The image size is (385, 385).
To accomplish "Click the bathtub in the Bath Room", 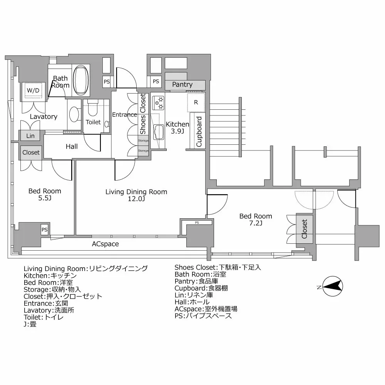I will pyautogui.click(x=81, y=79).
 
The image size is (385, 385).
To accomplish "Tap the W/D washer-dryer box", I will pyautogui.click(x=33, y=90).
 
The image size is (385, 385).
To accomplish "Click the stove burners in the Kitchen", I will pyautogui.click(x=158, y=102).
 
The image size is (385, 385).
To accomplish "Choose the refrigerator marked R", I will pyautogui.click(x=196, y=102).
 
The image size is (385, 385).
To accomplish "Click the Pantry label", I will pyautogui.click(x=182, y=84).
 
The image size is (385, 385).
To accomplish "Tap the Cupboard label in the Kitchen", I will pyautogui.click(x=199, y=132).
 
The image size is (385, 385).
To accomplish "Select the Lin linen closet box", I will pyautogui.click(x=30, y=136).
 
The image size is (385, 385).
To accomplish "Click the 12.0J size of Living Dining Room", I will pyautogui.click(x=136, y=199).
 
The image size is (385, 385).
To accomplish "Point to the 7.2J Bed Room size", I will pyautogui.click(x=256, y=223).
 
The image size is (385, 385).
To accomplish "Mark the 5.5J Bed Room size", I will pyautogui.click(x=45, y=198).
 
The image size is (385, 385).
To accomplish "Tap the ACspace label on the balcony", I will pyautogui.click(x=105, y=244).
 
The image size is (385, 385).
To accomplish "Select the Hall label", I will pyautogui.click(x=72, y=146).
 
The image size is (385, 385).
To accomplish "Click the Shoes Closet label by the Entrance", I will pyautogui.click(x=143, y=114).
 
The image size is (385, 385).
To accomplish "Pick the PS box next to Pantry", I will pyautogui.click(x=156, y=81).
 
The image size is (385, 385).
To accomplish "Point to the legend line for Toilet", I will pyautogui.click(x=44, y=317).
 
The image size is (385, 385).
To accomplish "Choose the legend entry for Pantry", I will pyautogui.click(x=196, y=281).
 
